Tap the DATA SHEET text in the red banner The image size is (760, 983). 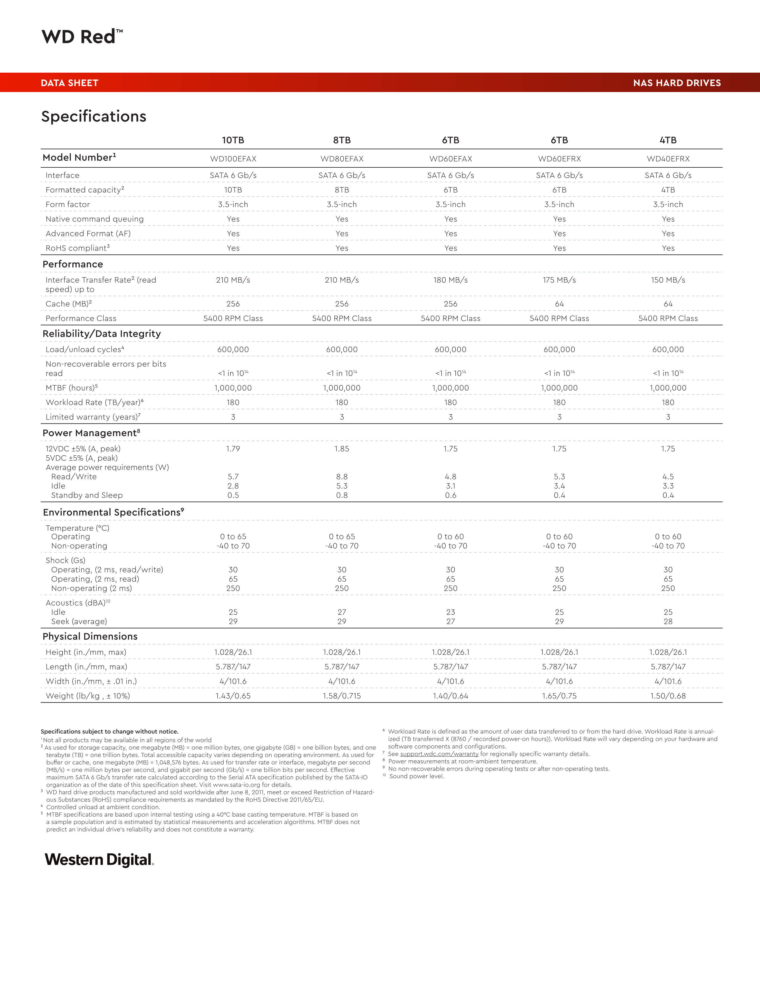pos(69,83)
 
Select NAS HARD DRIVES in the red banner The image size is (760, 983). pos(677,83)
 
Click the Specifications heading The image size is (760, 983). pos(94,116)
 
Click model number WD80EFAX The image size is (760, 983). pos(342,159)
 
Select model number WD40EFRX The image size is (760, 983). pos(668,159)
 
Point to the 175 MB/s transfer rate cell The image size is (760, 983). pos(559,280)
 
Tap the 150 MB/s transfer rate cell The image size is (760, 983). pos(668,280)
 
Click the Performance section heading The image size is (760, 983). pos(72,264)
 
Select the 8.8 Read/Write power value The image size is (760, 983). pos(342,477)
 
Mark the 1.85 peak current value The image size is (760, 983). pos(342,449)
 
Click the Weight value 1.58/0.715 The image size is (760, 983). pos(342,696)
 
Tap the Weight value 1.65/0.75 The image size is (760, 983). pos(559,696)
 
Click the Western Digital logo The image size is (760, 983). pos(99,860)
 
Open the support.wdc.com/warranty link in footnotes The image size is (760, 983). pos(439,754)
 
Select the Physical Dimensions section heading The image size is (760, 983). pos(90,636)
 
